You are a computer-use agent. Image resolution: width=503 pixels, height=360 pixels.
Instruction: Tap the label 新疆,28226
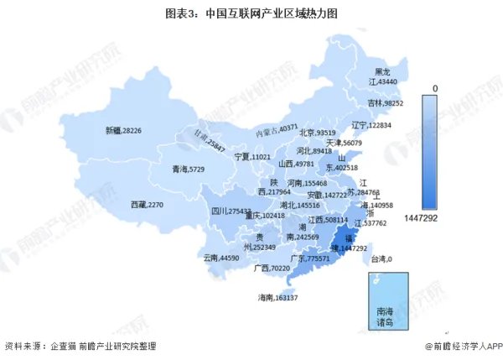pyautogui.click(x=123, y=130)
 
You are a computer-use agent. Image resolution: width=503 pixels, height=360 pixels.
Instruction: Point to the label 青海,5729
pyautogui.click(x=189, y=169)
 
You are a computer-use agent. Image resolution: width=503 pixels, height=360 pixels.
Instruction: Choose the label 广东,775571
pyautogui.click(x=308, y=258)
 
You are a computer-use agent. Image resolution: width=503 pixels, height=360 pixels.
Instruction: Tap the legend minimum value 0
pyautogui.click(x=435, y=87)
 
